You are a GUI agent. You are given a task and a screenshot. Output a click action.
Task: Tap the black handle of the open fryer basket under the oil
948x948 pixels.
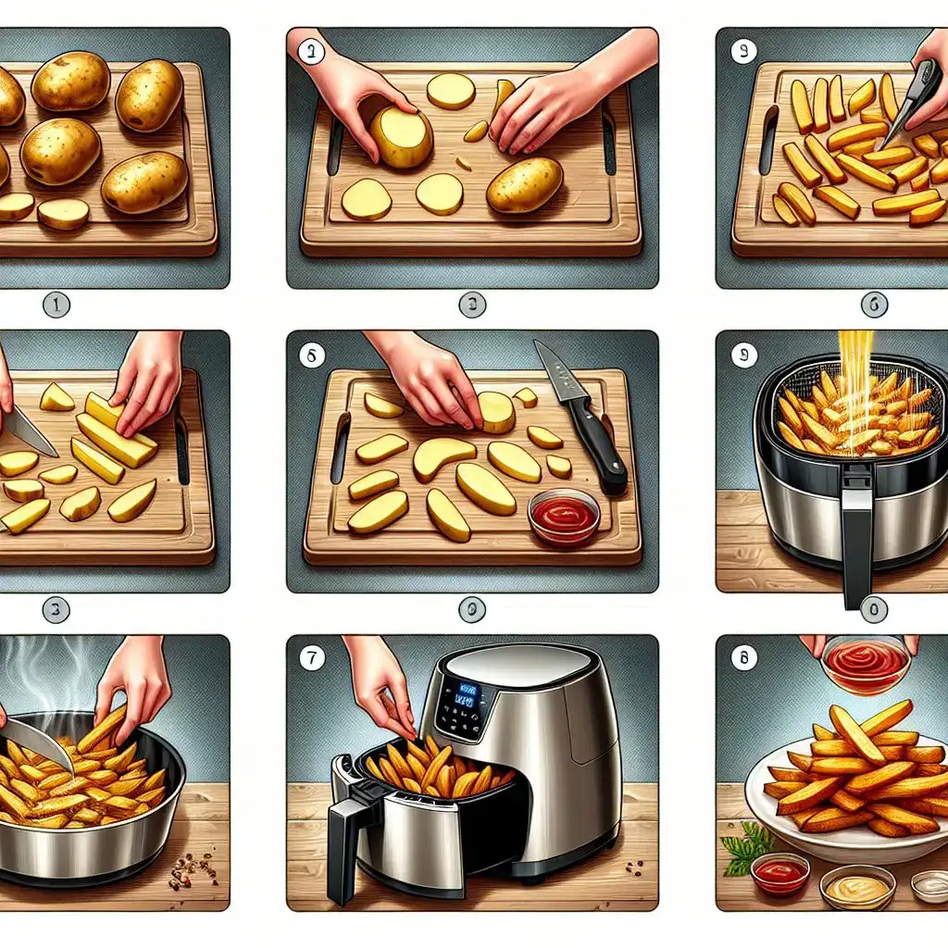pos(856,537)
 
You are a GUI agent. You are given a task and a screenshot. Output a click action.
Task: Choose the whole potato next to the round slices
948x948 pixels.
pos(524,184)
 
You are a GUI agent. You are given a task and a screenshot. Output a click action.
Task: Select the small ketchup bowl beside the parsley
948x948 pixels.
pos(780,873)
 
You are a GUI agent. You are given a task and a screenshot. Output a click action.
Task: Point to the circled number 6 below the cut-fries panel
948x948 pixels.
pos(873,304)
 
